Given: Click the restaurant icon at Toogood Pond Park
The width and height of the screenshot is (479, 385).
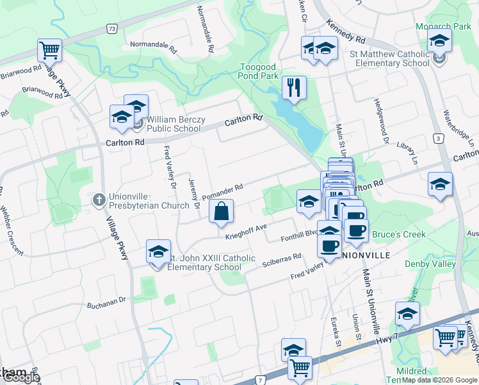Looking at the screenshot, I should tap(294, 88).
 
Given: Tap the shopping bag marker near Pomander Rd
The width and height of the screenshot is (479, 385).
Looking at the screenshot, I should tap(221, 211).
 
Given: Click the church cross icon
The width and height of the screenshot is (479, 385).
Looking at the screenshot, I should tap(99, 200).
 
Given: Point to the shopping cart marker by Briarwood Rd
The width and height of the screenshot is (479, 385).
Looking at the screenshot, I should tap(50, 49).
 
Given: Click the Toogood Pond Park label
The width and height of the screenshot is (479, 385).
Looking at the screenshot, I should tap(259, 71).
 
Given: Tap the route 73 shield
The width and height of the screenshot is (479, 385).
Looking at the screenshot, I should tap(112, 29).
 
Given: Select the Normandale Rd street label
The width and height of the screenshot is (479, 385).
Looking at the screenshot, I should tap(153, 46).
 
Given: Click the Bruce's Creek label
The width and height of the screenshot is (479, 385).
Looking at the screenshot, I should tap(398, 234).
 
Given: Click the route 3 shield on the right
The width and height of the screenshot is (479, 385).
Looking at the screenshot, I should tap(438, 138).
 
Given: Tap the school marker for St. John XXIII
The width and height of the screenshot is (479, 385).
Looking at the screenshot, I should tap(158, 251).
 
